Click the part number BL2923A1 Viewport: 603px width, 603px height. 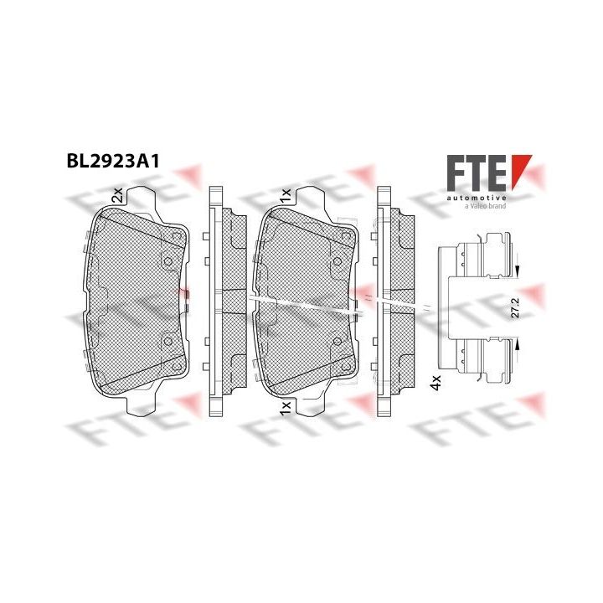(x=113, y=162)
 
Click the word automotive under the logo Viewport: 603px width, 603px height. (x=477, y=198)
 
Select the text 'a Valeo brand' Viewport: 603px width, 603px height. (x=485, y=206)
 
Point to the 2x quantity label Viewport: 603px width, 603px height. (x=117, y=195)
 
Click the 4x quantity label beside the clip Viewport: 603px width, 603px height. (x=435, y=383)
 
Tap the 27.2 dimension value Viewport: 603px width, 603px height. (x=516, y=307)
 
